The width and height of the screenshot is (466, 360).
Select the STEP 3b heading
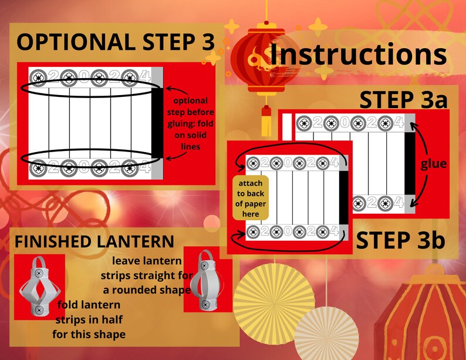pos(400,241)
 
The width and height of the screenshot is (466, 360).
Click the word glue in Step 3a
pos(433,164)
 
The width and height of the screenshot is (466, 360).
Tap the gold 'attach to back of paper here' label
pos(251,198)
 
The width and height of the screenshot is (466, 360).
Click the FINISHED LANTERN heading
pos(94,241)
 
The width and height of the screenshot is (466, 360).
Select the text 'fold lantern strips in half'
pos(90,320)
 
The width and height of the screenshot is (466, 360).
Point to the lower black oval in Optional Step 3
pos(91,159)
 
